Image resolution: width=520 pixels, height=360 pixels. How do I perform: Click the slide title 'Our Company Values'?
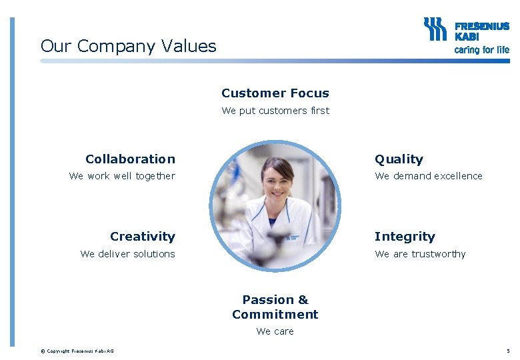(x=128, y=46)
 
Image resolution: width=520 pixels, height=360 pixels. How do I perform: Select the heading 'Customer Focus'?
(x=275, y=93)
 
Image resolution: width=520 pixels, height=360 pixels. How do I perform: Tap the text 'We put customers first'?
(x=275, y=111)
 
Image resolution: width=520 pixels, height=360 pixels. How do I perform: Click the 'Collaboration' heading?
(x=130, y=159)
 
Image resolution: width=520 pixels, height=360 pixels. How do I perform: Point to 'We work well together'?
(x=122, y=176)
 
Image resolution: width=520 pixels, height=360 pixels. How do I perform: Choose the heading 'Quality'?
(x=399, y=159)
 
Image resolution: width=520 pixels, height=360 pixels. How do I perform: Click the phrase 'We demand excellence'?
(x=429, y=176)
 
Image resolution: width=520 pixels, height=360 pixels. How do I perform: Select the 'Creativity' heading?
(x=142, y=237)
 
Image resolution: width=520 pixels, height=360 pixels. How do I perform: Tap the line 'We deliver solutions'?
(x=127, y=254)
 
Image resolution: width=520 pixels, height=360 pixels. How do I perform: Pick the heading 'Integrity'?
(x=405, y=237)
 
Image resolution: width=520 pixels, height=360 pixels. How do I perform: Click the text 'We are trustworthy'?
(x=420, y=254)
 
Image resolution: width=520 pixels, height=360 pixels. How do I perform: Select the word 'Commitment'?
(x=275, y=315)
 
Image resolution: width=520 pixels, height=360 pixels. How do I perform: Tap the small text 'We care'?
(x=275, y=331)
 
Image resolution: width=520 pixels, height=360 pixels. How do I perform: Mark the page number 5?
(x=508, y=351)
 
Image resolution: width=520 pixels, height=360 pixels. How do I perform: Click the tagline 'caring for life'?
(x=481, y=50)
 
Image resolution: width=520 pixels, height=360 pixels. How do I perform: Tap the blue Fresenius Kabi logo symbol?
(x=435, y=30)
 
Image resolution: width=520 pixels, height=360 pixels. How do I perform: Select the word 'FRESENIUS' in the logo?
(x=481, y=27)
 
